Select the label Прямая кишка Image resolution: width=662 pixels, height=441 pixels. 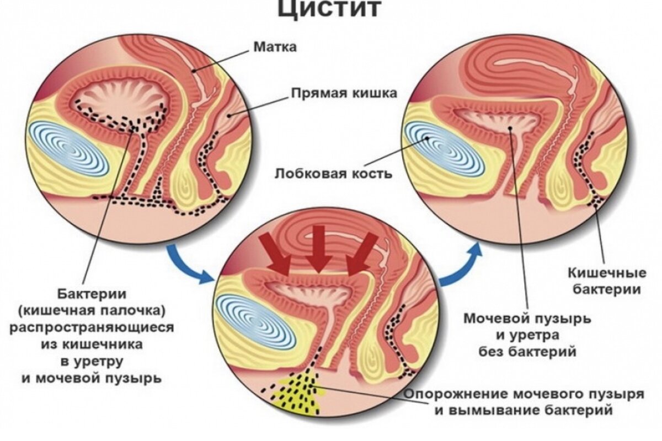(x=343, y=93)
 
